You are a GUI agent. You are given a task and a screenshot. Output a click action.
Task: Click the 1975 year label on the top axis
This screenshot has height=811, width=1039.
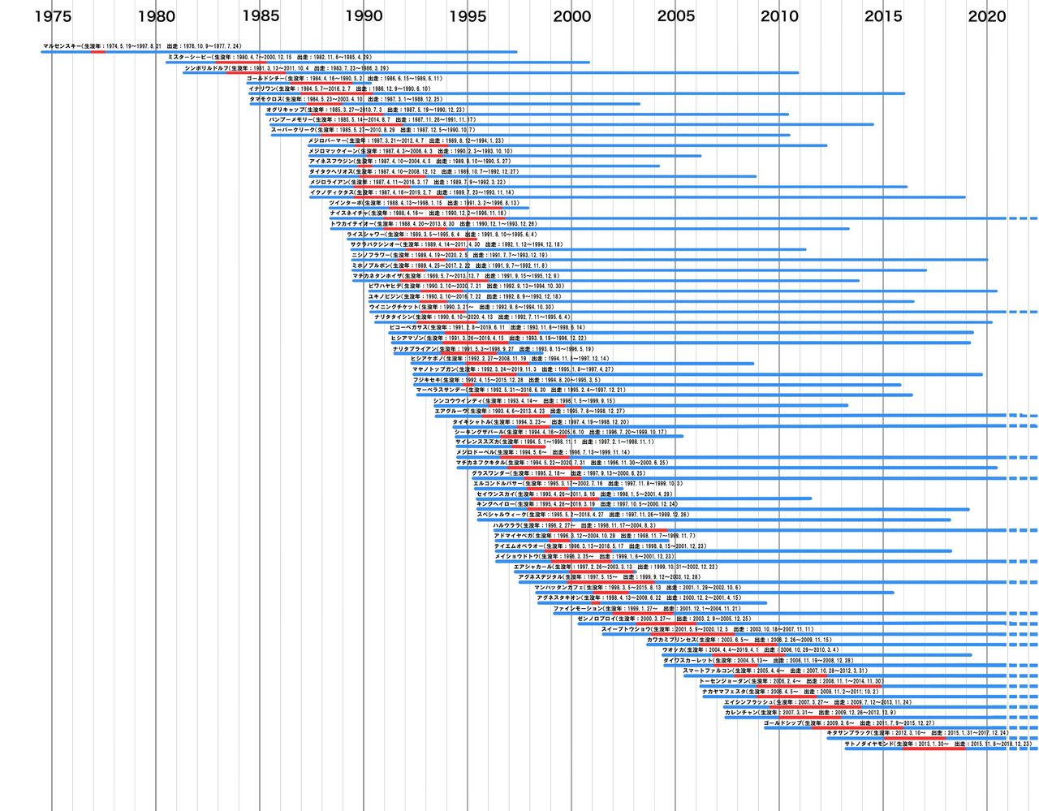point(53,16)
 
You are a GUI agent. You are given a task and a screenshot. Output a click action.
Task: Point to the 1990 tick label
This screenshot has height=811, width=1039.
point(364,16)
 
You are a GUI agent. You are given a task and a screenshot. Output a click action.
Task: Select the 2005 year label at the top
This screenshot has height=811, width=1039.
point(675,16)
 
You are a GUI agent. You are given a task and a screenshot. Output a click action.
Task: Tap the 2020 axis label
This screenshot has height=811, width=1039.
point(987,16)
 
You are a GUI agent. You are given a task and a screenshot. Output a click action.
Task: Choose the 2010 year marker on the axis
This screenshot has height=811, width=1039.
point(779,16)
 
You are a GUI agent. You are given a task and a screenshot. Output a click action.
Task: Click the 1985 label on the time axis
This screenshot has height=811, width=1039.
point(260,16)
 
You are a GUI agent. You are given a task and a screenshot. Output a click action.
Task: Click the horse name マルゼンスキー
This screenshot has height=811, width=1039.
point(62,47)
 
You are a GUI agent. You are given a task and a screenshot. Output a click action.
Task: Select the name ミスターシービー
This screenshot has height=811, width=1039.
point(188,58)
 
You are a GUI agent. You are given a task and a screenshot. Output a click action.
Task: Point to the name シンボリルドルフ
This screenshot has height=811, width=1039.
point(206,68)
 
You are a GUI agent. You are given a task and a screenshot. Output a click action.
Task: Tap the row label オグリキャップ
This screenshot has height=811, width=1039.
point(285,110)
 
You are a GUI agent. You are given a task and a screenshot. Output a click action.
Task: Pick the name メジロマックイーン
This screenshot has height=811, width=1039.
point(332,151)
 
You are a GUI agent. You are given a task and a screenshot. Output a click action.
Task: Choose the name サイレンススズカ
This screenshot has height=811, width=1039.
point(476,442)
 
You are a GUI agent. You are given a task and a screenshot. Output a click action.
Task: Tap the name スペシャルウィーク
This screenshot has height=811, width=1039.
point(500,515)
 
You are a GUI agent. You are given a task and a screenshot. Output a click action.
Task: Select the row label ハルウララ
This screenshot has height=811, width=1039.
point(509,525)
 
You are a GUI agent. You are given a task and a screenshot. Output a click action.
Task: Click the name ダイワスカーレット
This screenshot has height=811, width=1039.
point(686,660)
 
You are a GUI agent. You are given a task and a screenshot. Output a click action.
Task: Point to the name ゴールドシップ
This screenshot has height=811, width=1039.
point(782,723)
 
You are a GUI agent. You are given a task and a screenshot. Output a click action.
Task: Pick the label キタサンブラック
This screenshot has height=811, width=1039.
point(848,733)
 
